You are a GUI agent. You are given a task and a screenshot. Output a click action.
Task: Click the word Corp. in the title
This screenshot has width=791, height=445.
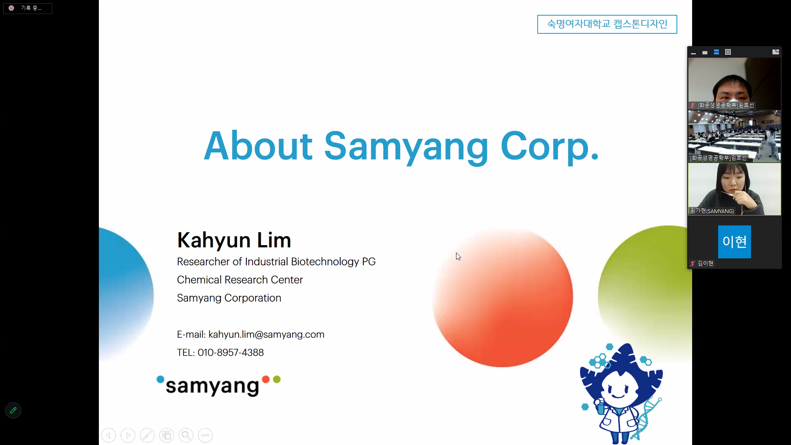click(x=550, y=147)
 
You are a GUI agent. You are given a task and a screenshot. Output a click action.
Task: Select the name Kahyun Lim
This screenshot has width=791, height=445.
click(x=234, y=240)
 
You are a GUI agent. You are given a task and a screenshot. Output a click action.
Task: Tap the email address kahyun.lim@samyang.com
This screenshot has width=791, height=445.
click(x=266, y=335)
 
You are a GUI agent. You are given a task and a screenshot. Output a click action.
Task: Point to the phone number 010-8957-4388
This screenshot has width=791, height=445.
click(x=231, y=353)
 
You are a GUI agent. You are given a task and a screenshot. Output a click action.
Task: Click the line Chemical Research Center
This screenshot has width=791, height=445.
click(x=240, y=280)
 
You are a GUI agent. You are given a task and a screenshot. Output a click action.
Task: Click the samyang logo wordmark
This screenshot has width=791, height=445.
click(x=212, y=386)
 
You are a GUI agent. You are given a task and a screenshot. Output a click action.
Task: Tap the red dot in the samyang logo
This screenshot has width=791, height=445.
click(x=266, y=379)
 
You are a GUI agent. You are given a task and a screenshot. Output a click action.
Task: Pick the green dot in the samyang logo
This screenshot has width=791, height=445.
click(x=277, y=379)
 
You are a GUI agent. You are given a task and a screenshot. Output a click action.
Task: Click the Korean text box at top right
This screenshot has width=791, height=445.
click(x=607, y=24)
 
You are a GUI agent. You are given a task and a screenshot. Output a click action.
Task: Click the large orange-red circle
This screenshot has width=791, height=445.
click(x=503, y=297)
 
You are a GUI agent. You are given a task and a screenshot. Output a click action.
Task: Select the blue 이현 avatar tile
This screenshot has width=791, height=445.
click(x=734, y=242)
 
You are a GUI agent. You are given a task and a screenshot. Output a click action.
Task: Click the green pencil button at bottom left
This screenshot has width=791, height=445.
click(x=13, y=410)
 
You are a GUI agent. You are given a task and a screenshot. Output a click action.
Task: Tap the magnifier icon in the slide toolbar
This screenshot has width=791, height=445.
click(x=186, y=435)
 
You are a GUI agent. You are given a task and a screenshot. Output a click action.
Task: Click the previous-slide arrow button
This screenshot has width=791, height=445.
click(x=108, y=435)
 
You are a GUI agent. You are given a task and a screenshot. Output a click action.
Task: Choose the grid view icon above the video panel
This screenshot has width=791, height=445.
click(x=728, y=52)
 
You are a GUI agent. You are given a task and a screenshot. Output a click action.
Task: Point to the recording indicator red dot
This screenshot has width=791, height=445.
click(x=12, y=8)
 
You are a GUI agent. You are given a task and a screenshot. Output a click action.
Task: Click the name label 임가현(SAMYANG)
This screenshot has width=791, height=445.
click(x=712, y=211)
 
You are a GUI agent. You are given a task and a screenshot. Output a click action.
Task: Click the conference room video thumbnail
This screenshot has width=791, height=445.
click(x=734, y=136)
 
